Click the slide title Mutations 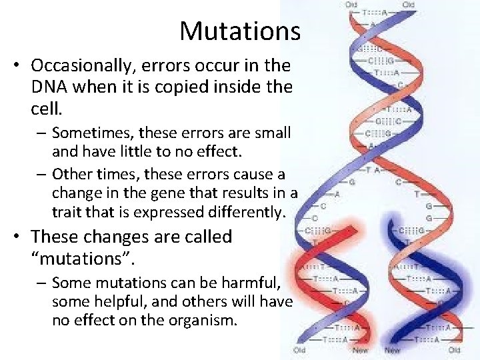[240, 31]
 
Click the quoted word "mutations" [80, 257]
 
